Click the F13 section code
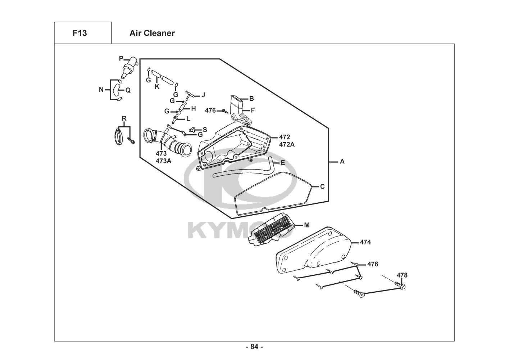(79, 33)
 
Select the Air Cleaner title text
(152, 33)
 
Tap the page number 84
(254, 347)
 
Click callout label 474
(365, 242)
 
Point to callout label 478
(402, 275)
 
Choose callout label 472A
(287, 144)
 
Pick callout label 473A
(163, 161)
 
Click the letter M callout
(307, 225)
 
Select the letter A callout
(342, 162)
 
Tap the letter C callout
(322, 187)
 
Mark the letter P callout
(121, 59)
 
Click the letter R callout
(124, 118)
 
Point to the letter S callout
(205, 130)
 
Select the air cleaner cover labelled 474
(314, 250)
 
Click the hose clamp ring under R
(118, 136)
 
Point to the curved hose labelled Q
(116, 90)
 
